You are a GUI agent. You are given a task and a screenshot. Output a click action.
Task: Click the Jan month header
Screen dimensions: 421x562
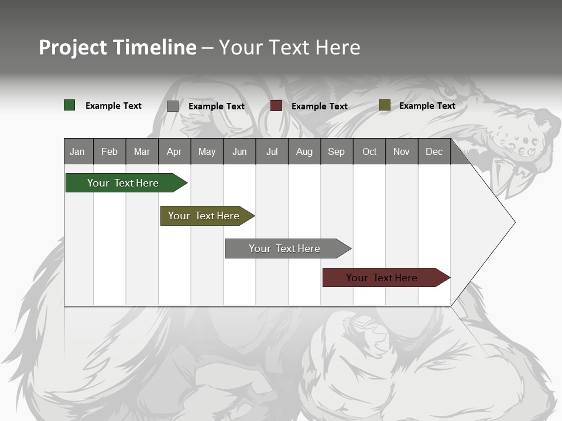[77, 151]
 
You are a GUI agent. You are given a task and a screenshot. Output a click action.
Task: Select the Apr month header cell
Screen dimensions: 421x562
[174, 151]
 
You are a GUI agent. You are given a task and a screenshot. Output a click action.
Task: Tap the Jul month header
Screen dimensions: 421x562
[272, 151]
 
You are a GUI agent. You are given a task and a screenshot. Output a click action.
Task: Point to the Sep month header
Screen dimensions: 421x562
[336, 151]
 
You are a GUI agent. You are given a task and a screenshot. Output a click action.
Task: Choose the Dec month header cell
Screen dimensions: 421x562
[434, 151]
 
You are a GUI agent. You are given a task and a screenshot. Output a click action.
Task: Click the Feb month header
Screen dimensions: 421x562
[109, 151]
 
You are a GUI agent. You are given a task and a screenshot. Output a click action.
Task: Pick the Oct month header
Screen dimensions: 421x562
[369, 151]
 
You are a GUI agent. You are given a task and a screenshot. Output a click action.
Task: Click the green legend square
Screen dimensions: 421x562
[70, 105]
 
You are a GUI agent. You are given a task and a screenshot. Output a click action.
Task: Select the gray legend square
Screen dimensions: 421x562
[173, 106]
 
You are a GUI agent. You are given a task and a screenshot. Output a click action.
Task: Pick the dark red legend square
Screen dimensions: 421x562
[276, 106]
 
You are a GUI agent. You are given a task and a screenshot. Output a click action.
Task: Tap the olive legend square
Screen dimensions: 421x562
[385, 105]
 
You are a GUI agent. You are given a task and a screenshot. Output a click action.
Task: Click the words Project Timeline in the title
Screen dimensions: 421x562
[118, 47]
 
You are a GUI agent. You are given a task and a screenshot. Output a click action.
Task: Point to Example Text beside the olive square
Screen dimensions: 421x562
[427, 106]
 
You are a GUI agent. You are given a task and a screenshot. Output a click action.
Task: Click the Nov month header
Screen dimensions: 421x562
[402, 151]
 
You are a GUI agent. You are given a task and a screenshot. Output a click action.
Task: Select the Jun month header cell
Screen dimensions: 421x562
[239, 151]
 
